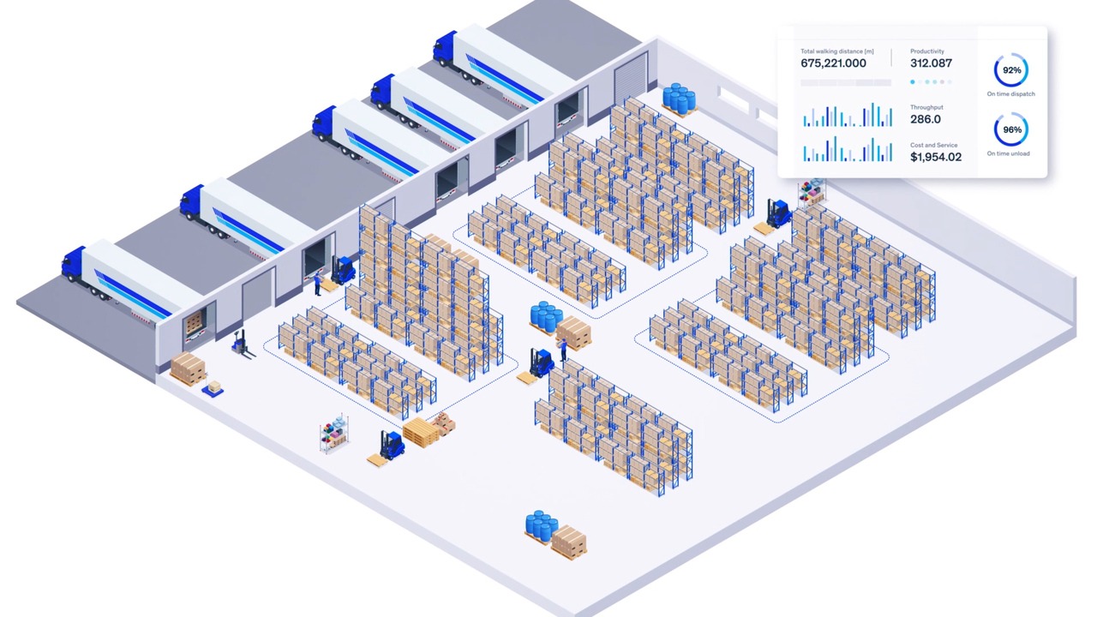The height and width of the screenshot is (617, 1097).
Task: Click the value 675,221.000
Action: point(833,63)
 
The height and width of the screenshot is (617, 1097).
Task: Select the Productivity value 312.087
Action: point(931,63)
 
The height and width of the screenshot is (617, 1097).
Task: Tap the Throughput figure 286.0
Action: point(926,119)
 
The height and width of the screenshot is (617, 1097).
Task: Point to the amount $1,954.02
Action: point(936,157)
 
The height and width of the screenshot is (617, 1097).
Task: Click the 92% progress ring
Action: point(1011,70)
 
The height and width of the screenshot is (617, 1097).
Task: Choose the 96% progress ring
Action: point(1011,130)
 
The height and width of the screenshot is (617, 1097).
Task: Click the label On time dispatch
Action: point(1011,93)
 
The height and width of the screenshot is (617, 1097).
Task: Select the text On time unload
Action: point(1009,153)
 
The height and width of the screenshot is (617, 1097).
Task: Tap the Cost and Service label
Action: point(934,145)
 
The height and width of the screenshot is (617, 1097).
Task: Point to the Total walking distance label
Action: point(837,51)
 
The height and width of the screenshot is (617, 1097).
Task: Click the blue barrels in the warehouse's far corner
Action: point(678,97)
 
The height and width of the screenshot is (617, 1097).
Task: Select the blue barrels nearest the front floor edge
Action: point(541,524)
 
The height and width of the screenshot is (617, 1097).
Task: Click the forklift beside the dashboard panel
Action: point(778,213)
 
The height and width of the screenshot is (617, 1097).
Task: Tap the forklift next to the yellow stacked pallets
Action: point(392,445)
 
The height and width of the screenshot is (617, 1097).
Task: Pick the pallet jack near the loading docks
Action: point(241,344)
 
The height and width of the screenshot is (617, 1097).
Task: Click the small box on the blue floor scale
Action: point(214,387)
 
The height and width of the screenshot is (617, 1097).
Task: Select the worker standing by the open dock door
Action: point(318,283)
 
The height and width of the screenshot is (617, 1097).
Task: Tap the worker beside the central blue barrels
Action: point(563,349)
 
